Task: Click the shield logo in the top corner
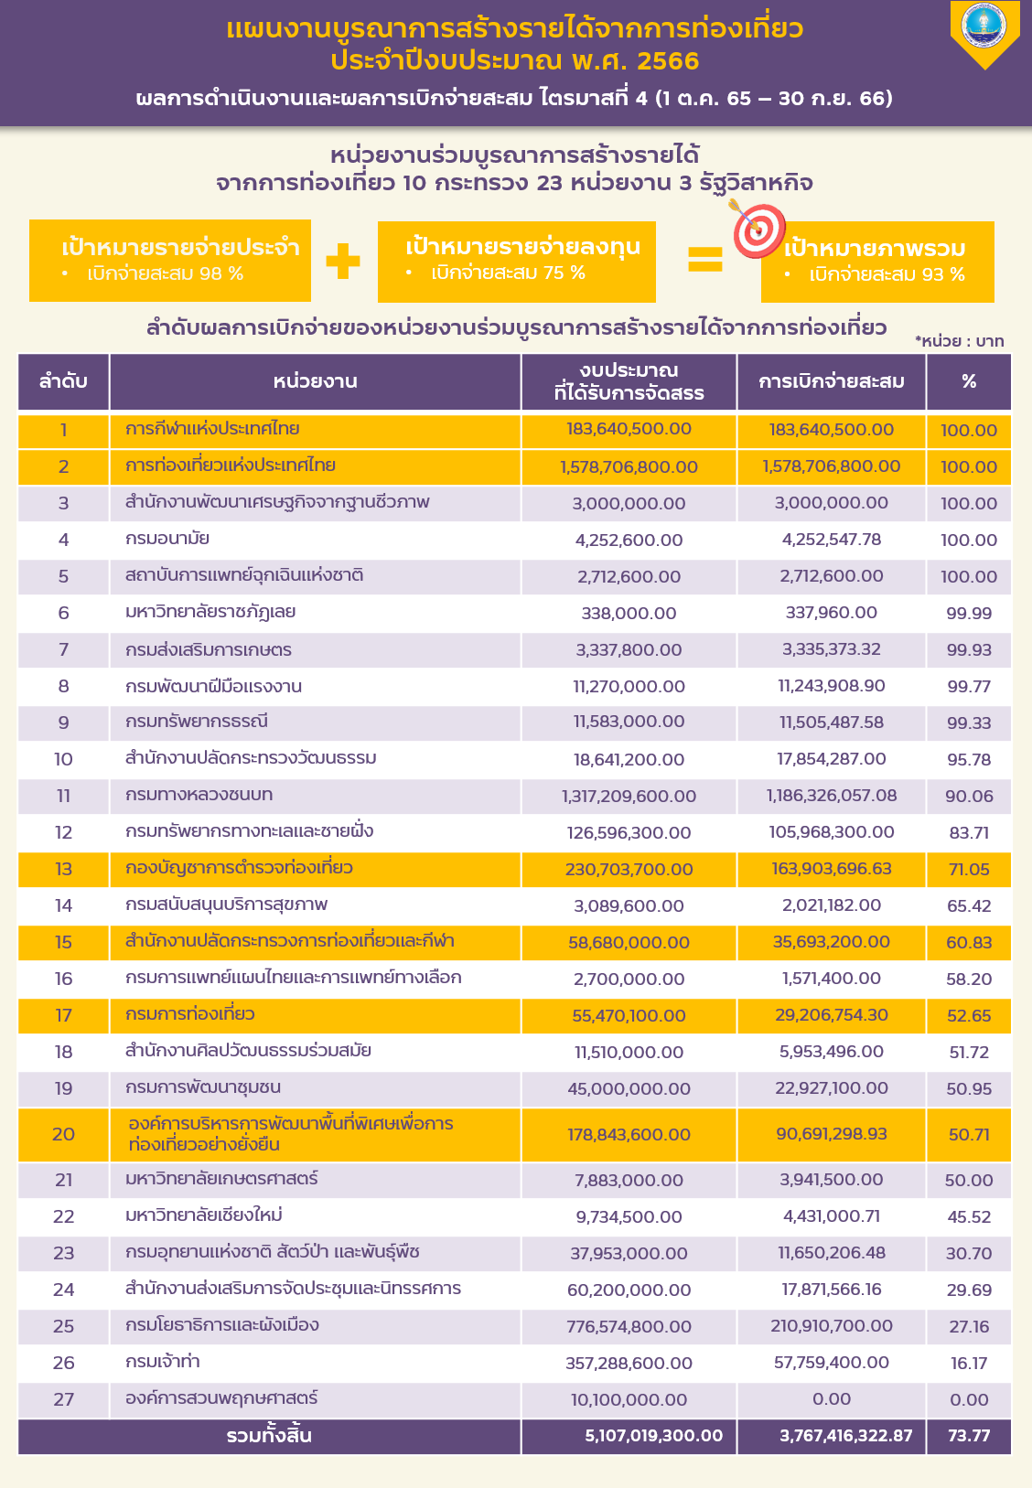click(x=984, y=33)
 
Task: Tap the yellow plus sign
click(x=343, y=261)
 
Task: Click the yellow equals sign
click(x=705, y=261)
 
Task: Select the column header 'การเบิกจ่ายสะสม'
click(x=831, y=381)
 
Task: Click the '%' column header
click(x=969, y=381)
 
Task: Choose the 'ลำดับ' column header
click(x=63, y=381)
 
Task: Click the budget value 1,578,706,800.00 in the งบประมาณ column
click(x=629, y=466)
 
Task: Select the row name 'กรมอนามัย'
click(x=167, y=539)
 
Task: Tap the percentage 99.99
click(x=969, y=613)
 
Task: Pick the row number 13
click(x=63, y=869)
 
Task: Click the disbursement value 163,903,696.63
click(x=831, y=869)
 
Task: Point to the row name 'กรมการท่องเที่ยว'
click(x=190, y=1014)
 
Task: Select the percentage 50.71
click(x=969, y=1134)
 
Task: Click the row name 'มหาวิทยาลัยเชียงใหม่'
click(x=203, y=1215)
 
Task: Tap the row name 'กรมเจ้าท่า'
click(x=163, y=1362)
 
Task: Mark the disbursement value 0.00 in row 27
click(x=831, y=1399)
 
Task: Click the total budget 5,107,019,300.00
click(x=653, y=1436)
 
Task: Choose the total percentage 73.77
click(x=969, y=1436)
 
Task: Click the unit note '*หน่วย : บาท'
click(x=959, y=341)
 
